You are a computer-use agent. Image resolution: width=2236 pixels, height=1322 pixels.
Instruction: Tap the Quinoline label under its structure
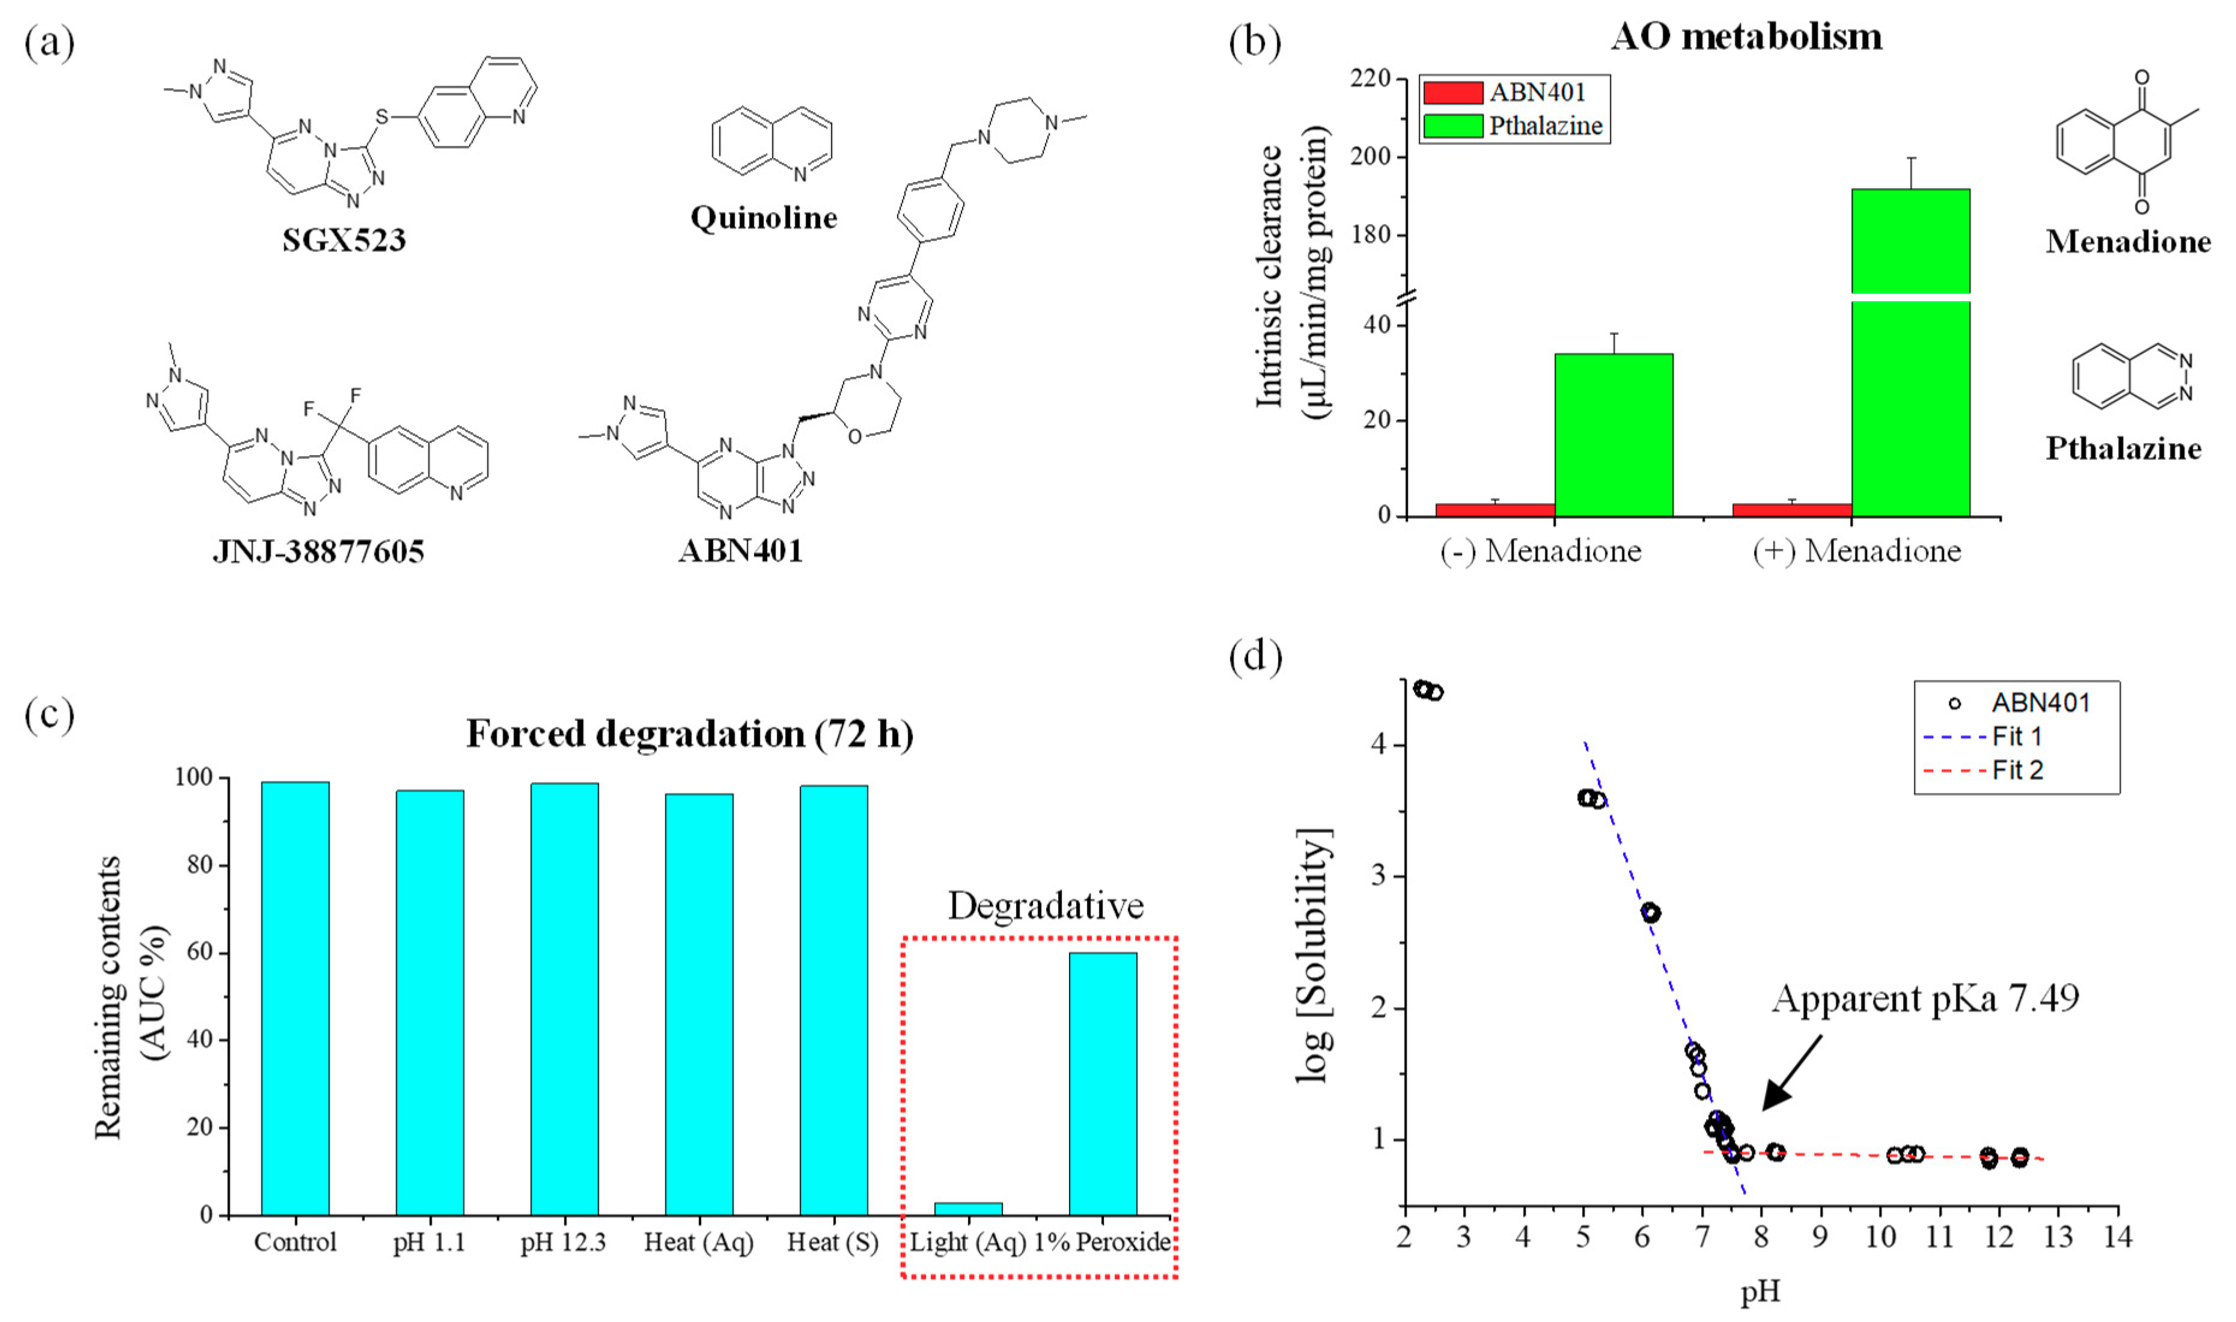(x=764, y=218)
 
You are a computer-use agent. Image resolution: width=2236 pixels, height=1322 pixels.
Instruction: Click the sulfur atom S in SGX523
(x=382, y=117)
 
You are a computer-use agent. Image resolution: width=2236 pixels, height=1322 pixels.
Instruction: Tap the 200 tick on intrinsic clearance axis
(x=1371, y=157)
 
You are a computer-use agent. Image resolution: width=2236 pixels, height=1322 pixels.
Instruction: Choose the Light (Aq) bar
(x=968, y=1208)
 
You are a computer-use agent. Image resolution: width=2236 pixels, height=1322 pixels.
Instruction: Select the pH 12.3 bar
(x=565, y=998)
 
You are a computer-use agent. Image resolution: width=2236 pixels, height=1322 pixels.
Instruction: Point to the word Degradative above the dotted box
(x=1046, y=906)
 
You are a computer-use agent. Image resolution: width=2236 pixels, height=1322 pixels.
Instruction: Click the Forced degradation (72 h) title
(x=689, y=734)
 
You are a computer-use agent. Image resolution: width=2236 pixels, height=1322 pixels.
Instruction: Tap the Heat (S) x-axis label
(x=833, y=1242)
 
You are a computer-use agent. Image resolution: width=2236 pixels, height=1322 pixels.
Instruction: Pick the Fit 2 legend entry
(x=2017, y=770)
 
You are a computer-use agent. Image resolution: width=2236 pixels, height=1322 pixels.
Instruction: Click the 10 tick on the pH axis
(x=1880, y=1237)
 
